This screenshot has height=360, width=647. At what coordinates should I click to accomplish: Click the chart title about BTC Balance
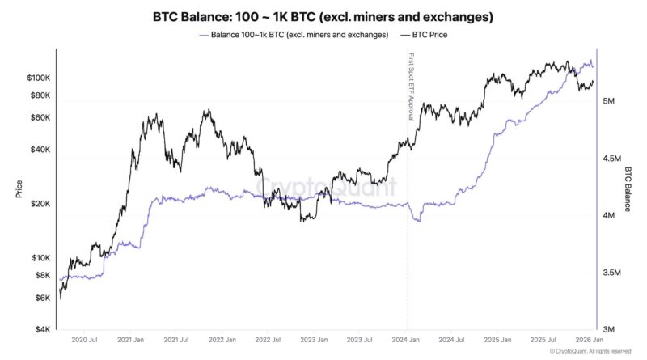pos(323,16)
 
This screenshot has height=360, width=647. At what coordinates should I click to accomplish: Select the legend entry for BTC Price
pos(424,36)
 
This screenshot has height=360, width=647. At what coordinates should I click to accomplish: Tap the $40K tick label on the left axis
pos(40,150)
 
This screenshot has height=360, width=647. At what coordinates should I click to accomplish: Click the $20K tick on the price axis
pos(40,204)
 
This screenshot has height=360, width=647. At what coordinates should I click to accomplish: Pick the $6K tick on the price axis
pos(42,299)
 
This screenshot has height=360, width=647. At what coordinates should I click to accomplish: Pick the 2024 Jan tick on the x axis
pos(408,341)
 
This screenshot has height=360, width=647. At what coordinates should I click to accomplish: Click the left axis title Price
pos(18,188)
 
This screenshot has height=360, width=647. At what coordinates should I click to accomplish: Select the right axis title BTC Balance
pos(628,188)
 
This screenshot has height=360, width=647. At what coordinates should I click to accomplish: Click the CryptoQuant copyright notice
pos(590,352)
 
